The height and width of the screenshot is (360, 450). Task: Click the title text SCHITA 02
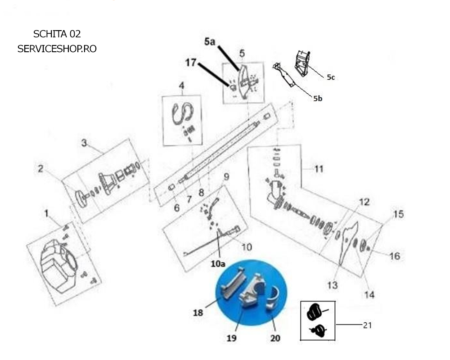[57, 34]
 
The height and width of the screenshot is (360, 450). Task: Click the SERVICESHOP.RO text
[57, 49]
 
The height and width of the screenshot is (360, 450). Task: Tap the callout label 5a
[210, 42]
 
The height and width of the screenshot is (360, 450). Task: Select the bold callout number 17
[190, 62]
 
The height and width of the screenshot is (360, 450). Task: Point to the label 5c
[331, 77]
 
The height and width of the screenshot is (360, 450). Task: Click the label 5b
[318, 99]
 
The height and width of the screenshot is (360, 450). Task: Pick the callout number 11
[319, 169]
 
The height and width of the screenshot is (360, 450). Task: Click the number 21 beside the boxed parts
[367, 325]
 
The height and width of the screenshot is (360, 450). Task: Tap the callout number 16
[395, 256]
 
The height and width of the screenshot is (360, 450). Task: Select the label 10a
[218, 264]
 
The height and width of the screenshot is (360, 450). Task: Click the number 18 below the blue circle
[198, 312]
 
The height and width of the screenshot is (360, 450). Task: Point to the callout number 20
[275, 338]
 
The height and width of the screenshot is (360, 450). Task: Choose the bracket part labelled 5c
[302, 63]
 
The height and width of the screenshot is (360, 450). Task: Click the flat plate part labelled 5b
[284, 75]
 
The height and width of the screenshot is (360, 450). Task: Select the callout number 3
[84, 143]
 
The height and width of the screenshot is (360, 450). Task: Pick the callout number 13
[333, 285]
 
